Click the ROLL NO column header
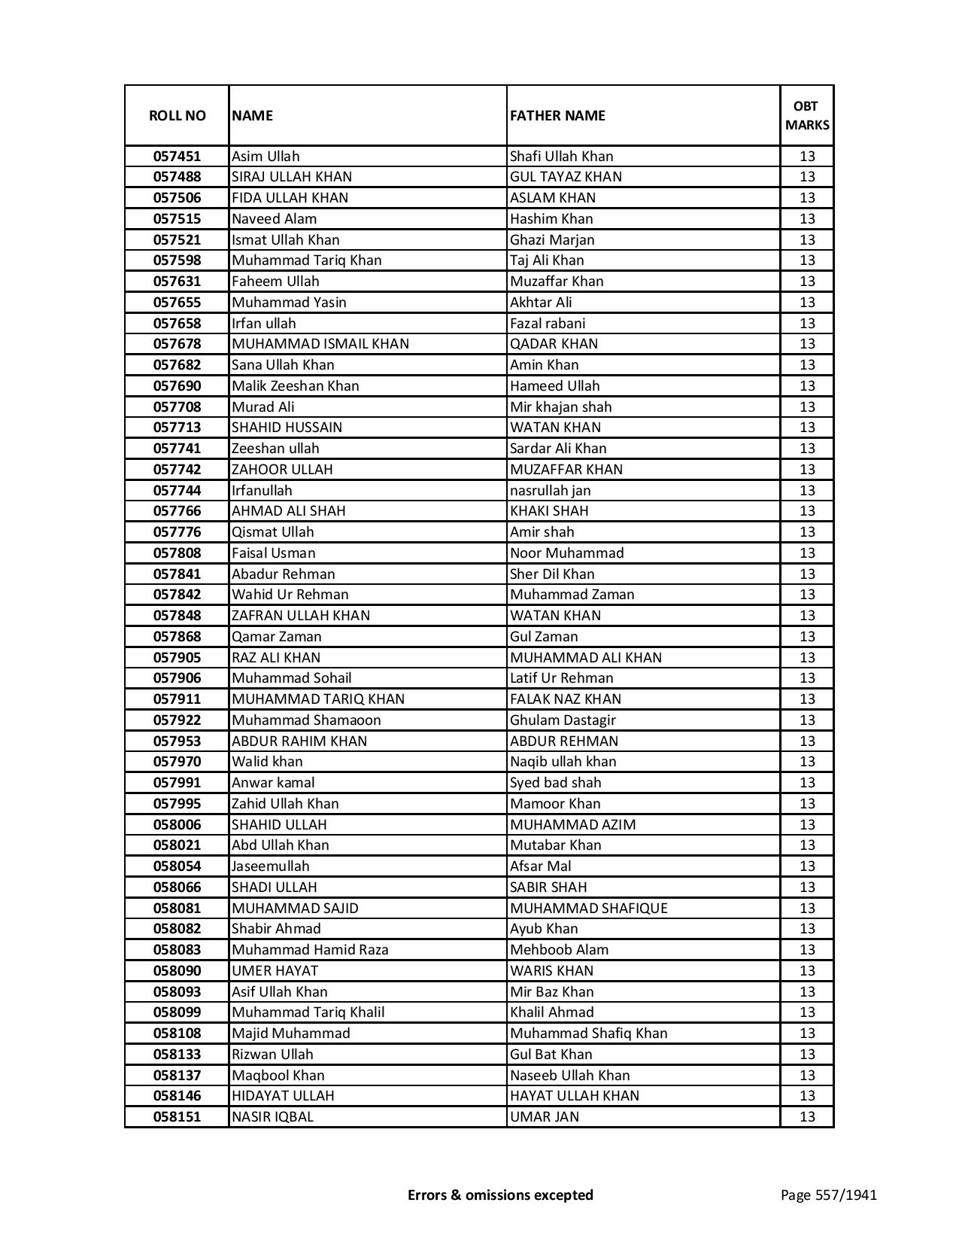[177, 116]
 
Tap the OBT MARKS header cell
[807, 116]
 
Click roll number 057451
[177, 157]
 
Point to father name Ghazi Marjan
[552, 240]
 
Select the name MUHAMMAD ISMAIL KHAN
[320, 344]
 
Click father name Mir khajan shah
[560, 407]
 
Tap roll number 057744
[177, 491]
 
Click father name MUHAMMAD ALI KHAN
[586, 658]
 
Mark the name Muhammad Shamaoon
[306, 720]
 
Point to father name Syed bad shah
[555, 783]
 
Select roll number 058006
[177, 825]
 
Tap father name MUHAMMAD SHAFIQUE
[588, 909]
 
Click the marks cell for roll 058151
[807, 1117]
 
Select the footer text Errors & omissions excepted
[500, 1195]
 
